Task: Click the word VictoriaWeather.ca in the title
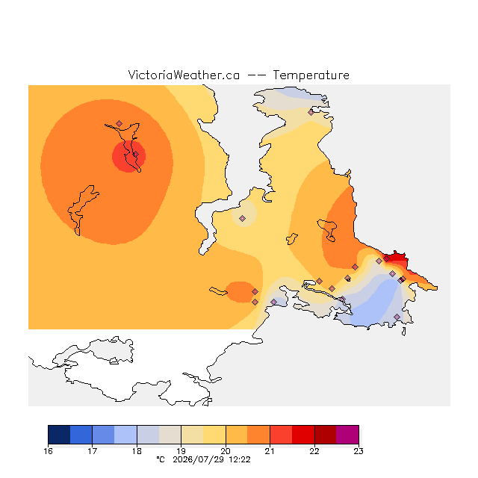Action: point(184,75)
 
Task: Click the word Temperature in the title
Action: point(311,75)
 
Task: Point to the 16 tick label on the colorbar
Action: point(48,451)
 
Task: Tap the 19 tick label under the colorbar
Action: point(181,451)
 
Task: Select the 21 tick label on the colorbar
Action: point(270,451)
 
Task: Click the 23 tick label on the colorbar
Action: point(358,451)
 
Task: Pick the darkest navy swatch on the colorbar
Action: point(59,435)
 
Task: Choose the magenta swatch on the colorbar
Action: point(347,435)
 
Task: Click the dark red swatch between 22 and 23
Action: point(326,435)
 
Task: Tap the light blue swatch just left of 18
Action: point(125,435)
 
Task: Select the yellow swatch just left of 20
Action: point(214,435)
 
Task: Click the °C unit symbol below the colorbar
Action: point(161,459)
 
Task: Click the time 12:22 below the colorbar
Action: point(240,459)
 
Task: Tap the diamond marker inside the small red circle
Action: point(136,155)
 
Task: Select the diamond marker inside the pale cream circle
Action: point(242,218)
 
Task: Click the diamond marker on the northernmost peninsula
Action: point(311,113)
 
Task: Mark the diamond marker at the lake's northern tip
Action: point(119,123)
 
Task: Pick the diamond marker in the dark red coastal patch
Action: point(387,259)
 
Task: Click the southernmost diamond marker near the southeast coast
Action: point(397,317)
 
